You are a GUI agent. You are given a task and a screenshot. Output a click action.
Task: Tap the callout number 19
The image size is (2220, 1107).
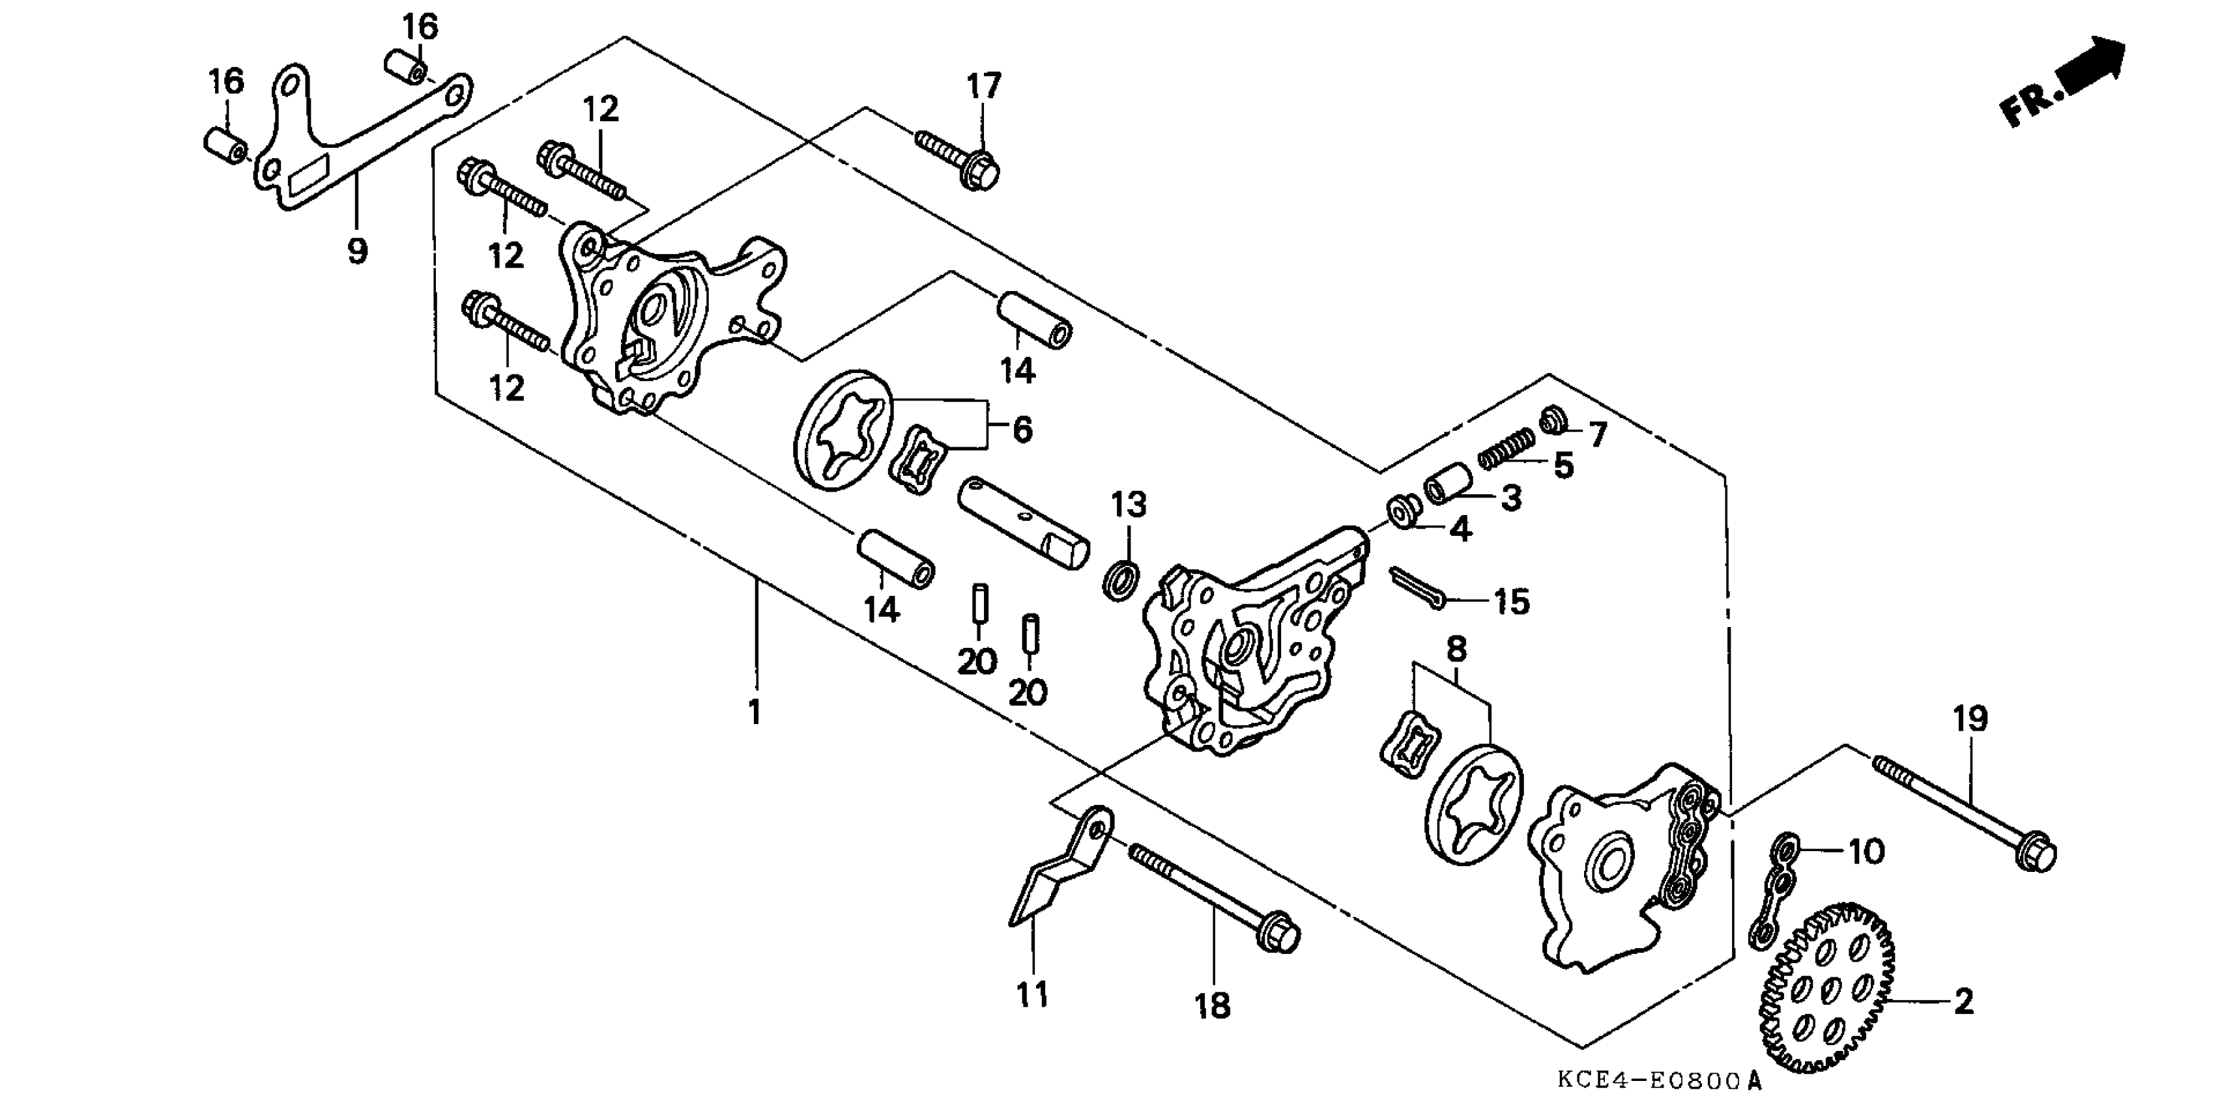[1970, 718]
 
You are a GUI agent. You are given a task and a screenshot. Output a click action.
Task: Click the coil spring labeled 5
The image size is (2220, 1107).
[1507, 447]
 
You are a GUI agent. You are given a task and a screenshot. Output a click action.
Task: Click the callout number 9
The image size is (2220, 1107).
[357, 251]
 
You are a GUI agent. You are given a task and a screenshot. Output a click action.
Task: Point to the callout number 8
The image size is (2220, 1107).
[1456, 649]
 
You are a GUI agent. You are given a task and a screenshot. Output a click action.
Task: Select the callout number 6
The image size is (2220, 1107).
[1022, 429]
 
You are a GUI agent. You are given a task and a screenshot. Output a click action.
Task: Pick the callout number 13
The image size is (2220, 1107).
[1129, 504]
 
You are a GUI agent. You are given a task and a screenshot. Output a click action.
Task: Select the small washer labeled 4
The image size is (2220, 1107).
[1403, 509]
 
